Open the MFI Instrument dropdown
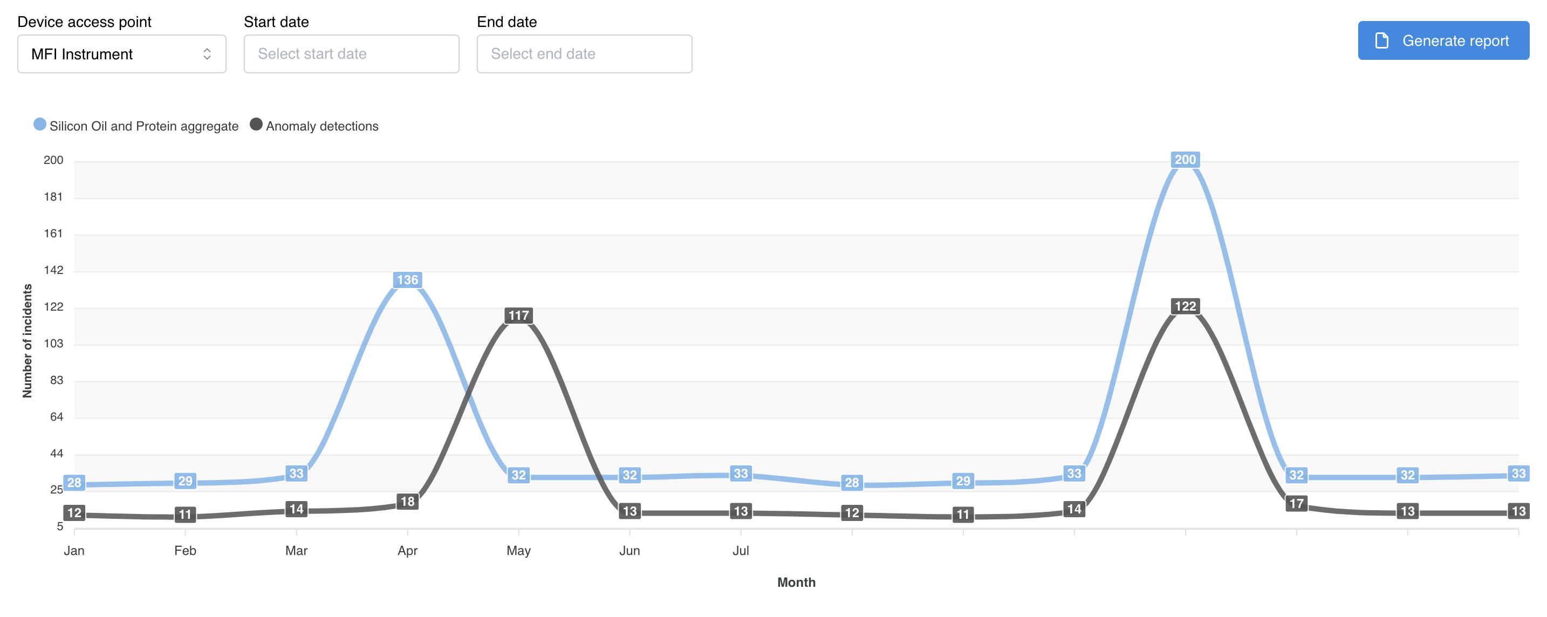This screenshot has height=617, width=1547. point(121,54)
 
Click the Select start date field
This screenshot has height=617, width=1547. point(351,54)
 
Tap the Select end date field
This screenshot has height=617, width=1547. point(584,54)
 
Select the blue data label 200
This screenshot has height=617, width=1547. point(1185,160)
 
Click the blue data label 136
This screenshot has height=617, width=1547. point(407,280)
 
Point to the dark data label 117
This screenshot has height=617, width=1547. point(518,315)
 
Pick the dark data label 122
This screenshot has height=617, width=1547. point(1185,306)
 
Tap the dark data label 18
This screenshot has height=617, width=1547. point(407,501)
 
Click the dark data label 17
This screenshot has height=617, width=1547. point(1296,503)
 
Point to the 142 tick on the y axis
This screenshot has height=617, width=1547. point(53,270)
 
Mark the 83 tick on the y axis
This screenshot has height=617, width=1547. point(56,380)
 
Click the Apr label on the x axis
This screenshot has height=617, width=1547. point(407,550)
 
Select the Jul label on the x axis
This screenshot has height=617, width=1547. point(740,550)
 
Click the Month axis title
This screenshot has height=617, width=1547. point(796,582)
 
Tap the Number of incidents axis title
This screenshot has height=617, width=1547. point(27,341)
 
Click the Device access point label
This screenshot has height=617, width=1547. point(84,22)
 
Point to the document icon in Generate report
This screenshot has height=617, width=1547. point(1381,41)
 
